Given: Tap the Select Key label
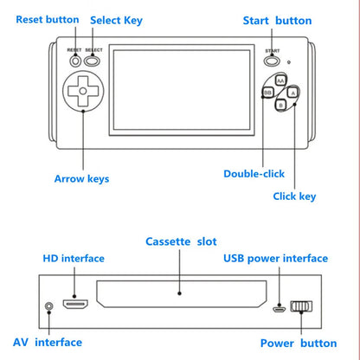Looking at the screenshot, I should [x=116, y=19].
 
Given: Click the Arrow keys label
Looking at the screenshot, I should [x=81, y=179].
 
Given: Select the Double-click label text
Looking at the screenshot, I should [x=254, y=173].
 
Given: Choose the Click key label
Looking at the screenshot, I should [x=294, y=196].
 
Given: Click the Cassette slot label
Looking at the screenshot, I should [x=181, y=241].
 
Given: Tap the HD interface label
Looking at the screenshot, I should [x=74, y=258].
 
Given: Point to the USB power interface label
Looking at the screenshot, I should [x=275, y=258].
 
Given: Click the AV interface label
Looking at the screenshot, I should [x=47, y=342].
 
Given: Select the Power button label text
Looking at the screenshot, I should [x=299, y=342].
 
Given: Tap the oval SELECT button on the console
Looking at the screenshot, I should [x=93, y=61].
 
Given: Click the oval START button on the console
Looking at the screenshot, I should [x=272, y=61].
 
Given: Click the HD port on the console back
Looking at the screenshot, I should [x=75, y=305].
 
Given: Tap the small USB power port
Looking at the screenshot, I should [x=278, y=308].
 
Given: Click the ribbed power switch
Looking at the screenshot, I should [x=301, y=307].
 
